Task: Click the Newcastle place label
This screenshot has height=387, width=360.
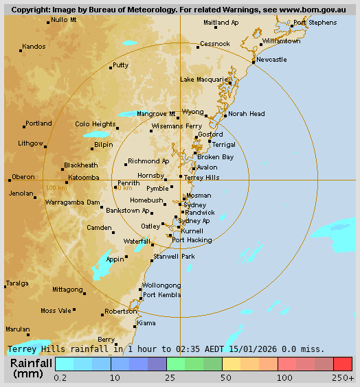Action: click(x=271, y=60)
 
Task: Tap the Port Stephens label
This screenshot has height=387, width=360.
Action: click(x=315, y=23)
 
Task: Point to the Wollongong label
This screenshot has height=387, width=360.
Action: click(x=161, y=285)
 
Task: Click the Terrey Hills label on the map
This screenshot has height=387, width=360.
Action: click(x=201, y=177)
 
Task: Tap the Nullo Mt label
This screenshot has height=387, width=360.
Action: click(x=64, y=20)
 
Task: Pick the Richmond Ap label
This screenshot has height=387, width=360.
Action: click(x=148, y=161)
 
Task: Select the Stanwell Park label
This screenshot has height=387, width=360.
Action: click(x=174, y=256)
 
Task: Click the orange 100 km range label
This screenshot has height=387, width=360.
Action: click(x=56, y=187)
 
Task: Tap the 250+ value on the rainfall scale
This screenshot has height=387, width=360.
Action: click(x=343, y=377)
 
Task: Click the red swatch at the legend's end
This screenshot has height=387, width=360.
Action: click(x=343, y=364)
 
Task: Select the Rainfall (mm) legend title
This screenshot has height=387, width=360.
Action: click(x=31, y=368)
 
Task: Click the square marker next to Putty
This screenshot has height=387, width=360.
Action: click(x=111, y=67)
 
